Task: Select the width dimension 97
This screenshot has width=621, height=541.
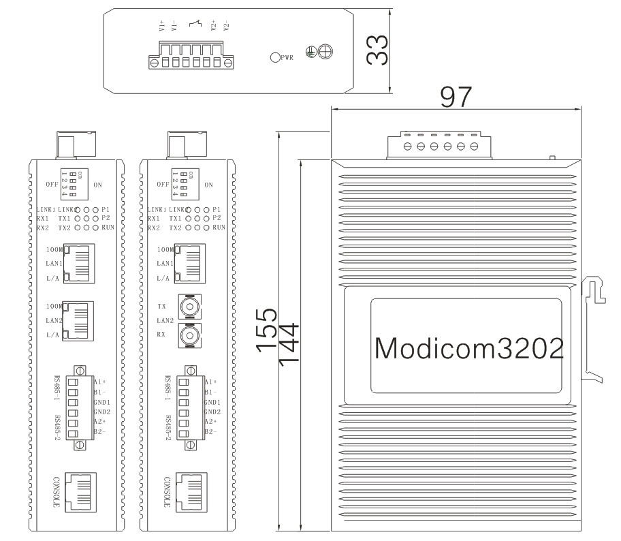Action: [x=455, y=97]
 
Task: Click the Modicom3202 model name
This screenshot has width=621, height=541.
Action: [x=468, y=348]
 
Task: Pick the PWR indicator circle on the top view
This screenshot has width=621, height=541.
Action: [x=275, y=58]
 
